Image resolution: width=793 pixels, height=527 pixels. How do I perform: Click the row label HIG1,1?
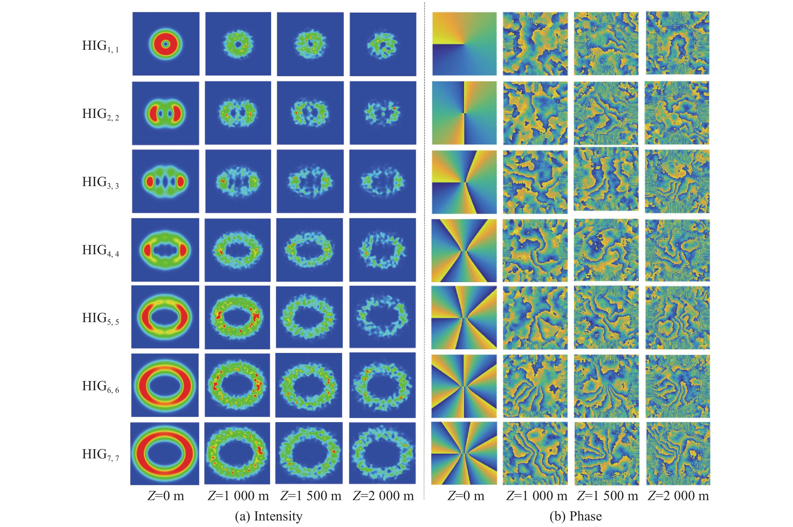click(100, 46)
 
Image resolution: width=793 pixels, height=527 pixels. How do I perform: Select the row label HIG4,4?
click(100, 250)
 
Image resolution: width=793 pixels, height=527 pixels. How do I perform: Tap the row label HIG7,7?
click(100, 454)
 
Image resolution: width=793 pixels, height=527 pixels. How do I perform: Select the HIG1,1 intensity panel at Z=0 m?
click(166, 44)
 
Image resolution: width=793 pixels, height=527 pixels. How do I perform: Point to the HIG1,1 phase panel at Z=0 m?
click(464, 44)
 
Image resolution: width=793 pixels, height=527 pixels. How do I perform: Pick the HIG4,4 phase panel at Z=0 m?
click(464, 250)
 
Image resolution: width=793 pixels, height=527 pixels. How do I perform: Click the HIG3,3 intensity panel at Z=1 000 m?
click(238, 181)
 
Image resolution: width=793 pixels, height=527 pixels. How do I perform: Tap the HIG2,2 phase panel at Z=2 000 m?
click(677, 113)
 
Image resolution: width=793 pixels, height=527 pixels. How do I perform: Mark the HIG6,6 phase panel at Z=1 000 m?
click(535, 386)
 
